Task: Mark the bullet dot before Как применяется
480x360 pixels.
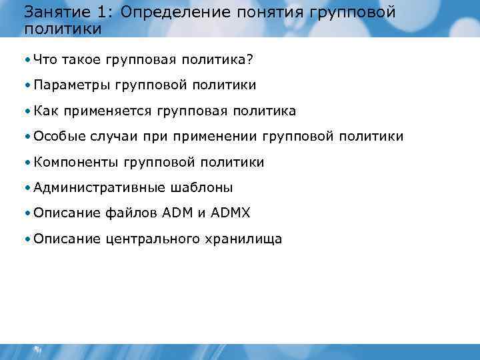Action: (x=26, y=111)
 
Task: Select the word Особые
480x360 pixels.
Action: (x=59, y=137)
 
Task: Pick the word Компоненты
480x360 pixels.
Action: (x=75, y=162)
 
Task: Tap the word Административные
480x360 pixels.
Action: (x=93, y=187)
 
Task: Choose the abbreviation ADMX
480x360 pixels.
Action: (x=231, y=213)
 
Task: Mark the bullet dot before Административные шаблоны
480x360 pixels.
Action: (x=26, y=188)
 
